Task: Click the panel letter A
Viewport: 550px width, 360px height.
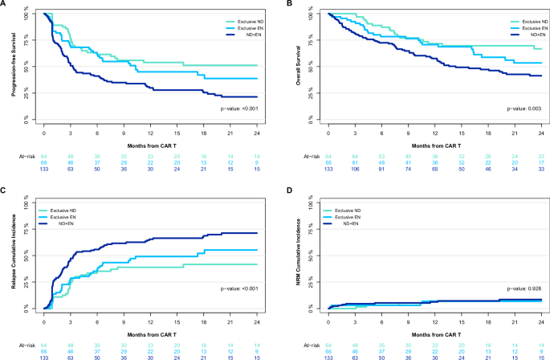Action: point(6,5)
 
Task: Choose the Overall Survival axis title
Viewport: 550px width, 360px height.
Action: point(299,66)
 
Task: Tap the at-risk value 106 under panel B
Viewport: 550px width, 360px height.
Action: point(355,170)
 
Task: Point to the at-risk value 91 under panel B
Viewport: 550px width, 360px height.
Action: point(381,170)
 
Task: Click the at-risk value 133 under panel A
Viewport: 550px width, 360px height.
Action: point(43,170)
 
